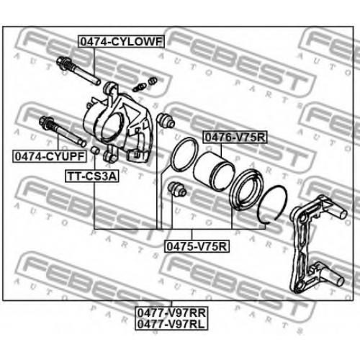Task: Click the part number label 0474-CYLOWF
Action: pos(122,42)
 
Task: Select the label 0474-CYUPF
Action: pos(50,156)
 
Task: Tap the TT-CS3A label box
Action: pos(92,176)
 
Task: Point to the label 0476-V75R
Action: pos(235,138)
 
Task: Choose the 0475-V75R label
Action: pos(197,246)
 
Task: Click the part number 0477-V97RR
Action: pos(171,313)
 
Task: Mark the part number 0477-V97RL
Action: pos(171,324)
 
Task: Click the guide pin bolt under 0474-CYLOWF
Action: pos(78,71)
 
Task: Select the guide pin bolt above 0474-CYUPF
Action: pos(62,131)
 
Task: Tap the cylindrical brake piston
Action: pos(213,171)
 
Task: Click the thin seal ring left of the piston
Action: pos(185,153)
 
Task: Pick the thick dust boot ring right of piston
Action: pos(246,189)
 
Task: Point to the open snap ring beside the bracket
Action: pos(272,204)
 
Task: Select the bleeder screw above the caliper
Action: pos(139,87)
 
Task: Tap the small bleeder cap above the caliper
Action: pos(153,81)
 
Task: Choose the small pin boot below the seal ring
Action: pos(177,189)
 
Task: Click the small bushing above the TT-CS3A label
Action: pos(95,150)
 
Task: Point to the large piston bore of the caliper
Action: pos(112,127)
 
